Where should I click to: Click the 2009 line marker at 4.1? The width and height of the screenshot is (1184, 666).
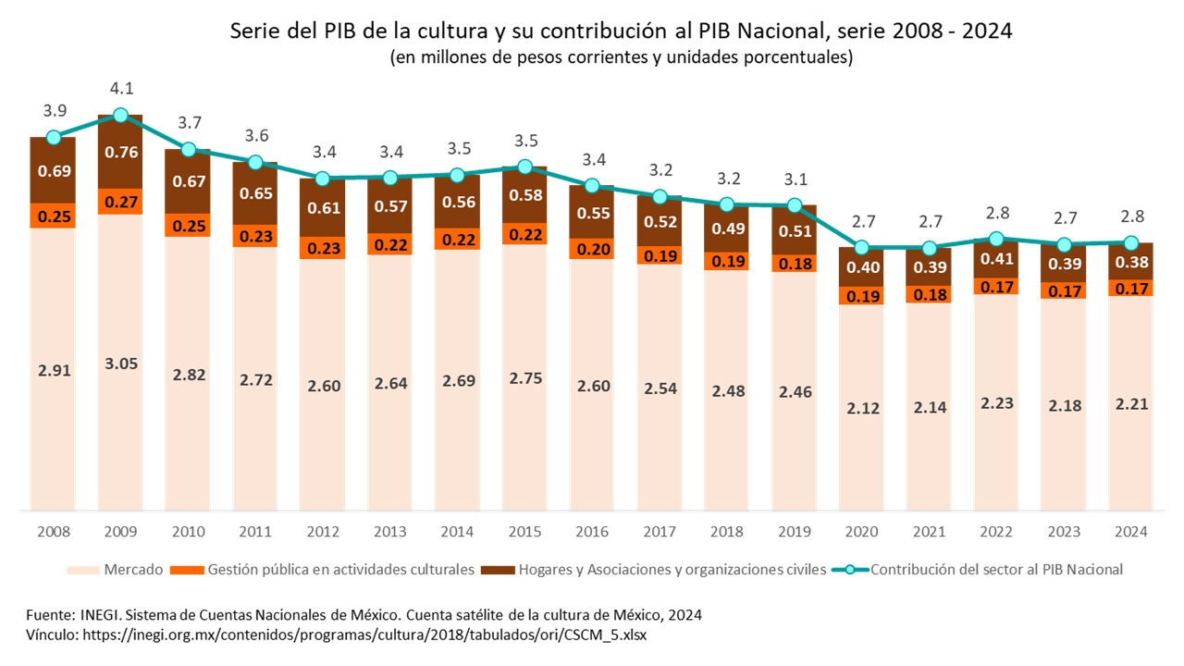point(120,115)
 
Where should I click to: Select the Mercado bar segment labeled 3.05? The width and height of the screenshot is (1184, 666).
point(120,363)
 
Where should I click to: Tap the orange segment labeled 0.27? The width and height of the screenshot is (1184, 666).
point(120,202)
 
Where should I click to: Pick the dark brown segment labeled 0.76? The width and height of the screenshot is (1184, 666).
point(120,154)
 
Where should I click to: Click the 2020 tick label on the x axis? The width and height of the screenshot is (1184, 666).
point(861,532)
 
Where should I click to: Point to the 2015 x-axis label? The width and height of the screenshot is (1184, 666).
point(524,532)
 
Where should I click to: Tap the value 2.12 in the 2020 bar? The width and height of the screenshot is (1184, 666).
point(861,407)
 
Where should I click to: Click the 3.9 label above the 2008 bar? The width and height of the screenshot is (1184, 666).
point(54,111)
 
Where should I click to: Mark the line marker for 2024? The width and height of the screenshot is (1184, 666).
point(1130,243)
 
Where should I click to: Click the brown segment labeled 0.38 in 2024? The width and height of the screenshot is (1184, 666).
point(1130,263)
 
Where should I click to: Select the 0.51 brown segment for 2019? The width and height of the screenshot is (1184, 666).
point(794,231)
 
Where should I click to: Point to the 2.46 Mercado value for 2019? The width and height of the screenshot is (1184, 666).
point(794,391)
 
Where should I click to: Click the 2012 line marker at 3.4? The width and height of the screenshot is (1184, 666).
point(323,179)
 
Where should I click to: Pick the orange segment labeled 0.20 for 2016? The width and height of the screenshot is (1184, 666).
point(592,249)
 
